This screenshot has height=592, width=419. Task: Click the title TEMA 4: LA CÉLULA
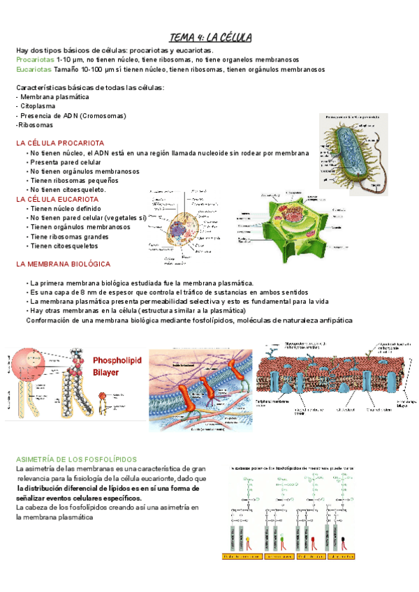coord(211,37)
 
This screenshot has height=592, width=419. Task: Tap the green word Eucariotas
coord(33,70)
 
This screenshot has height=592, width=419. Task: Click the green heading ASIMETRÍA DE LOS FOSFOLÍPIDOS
coord(76,459)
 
